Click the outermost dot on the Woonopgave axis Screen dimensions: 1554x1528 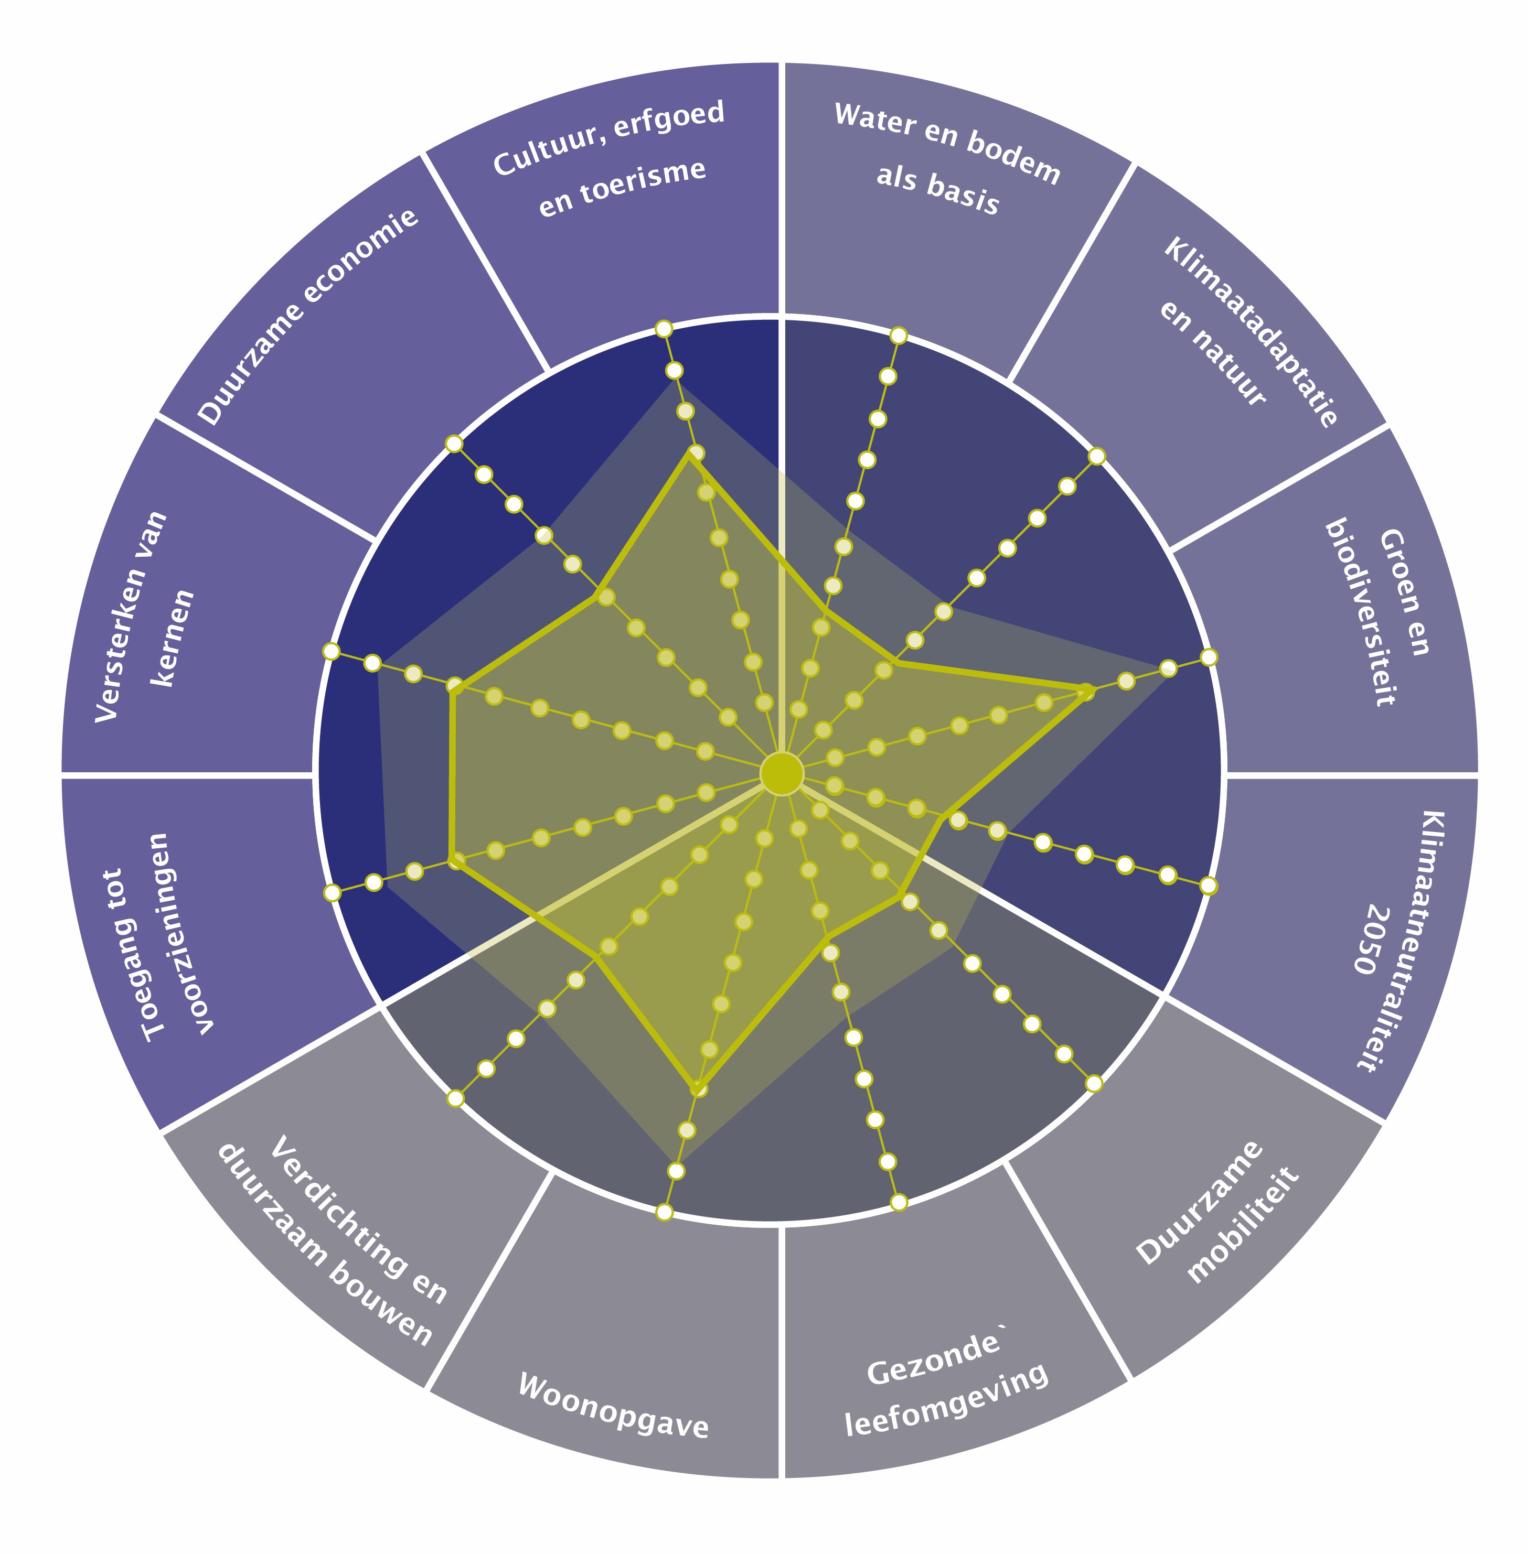[x=664, y=1212]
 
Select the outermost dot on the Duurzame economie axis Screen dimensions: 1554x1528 [x=454, y=444]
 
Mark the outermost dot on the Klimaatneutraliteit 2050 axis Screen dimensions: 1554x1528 [x=1209, y=886]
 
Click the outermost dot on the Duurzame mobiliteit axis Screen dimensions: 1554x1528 [x=1094, y=1084]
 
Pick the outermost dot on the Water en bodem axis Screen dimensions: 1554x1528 [x=899, y=336]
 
